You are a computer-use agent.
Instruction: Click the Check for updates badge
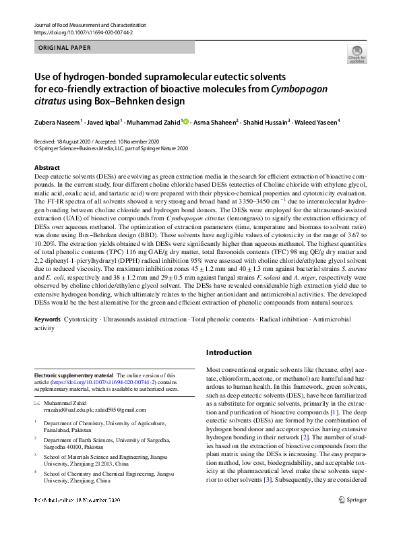(x=357, y=55)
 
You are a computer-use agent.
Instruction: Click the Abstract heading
(x=47, y=167)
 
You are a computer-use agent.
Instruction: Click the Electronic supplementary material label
(x=73, y=375)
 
